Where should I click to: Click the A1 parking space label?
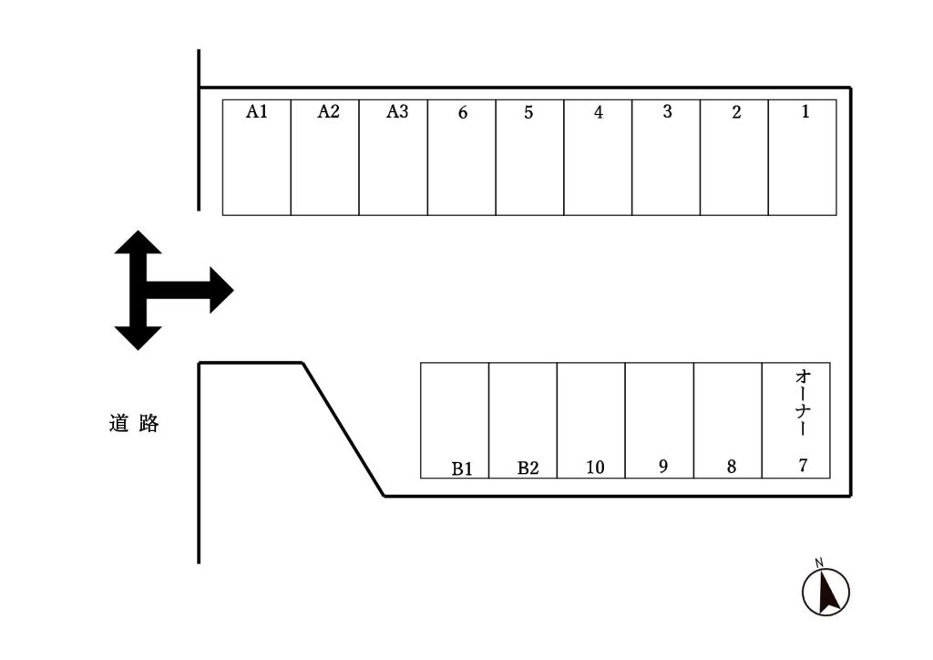tap(257, 112)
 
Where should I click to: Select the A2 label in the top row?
tap(328, 112)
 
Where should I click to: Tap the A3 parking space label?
tap(397, 112)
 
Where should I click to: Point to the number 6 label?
tap(463, 113)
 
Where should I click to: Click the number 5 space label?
tap(528, 113)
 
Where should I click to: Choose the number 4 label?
tap(599, 113)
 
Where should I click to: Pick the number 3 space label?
tap(667, 112)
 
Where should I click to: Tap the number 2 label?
tap(736, 113)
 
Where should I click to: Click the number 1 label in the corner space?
tap(805, 112)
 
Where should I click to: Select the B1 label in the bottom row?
tap(462, 469)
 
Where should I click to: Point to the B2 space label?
tap(528, 469)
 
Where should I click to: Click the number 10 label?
tap(595, 468)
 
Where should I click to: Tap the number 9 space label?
tap(662, 467)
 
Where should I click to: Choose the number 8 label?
tap(732, 467)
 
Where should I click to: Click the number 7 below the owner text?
tap(803, 465)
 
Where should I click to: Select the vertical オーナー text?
tap(803, 402)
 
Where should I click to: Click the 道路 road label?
tap(134, 424)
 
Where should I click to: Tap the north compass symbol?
tap(825, 590)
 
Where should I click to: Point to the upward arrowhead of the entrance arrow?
tap(138, 244)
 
